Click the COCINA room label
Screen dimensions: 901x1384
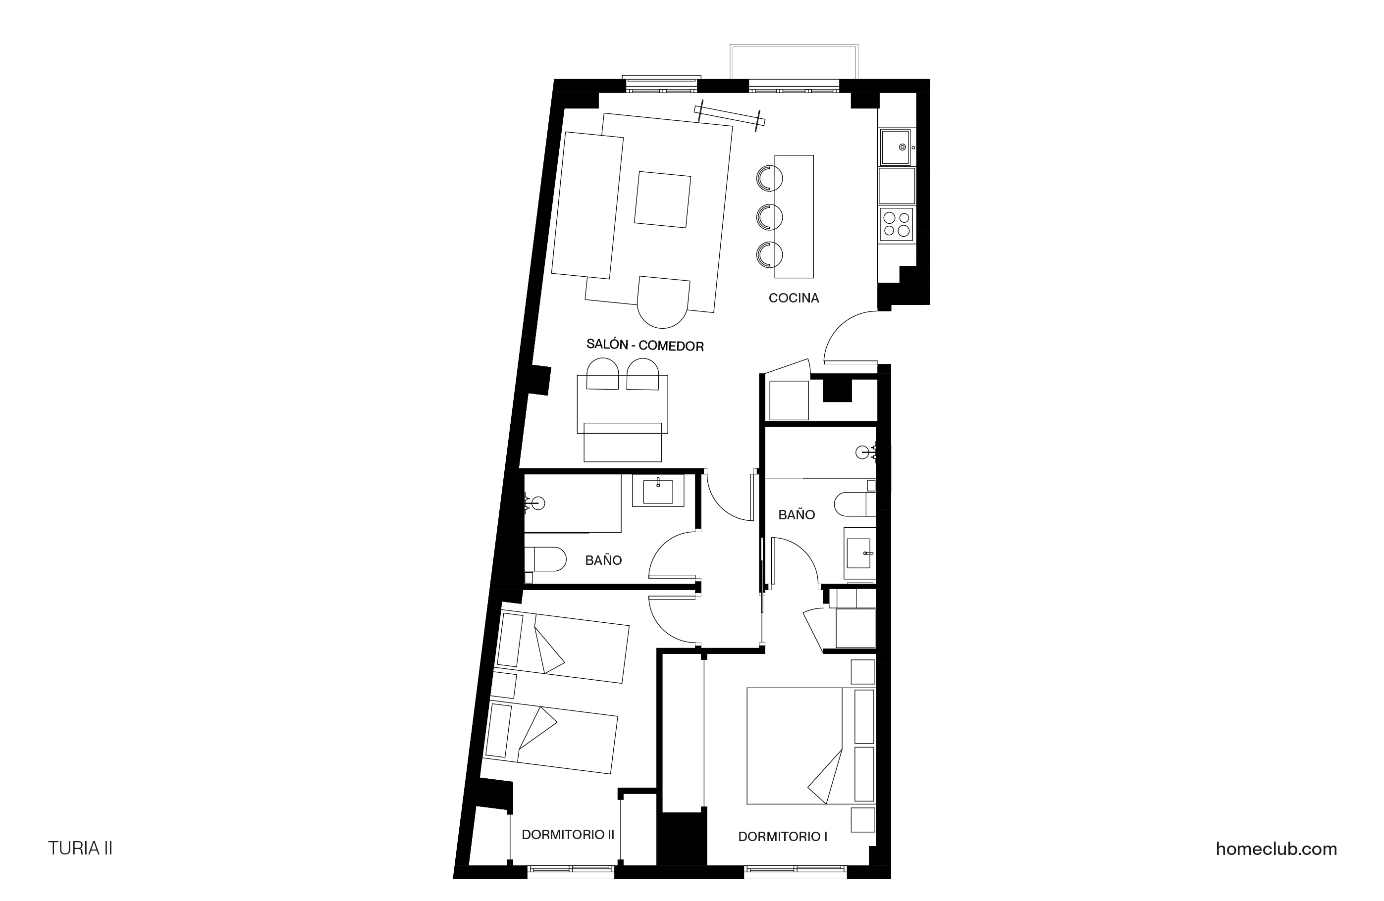(793, 298)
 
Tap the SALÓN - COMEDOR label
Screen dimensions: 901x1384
(645, 345)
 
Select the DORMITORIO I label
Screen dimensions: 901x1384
(782, 837)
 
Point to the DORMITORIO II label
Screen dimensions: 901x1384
(568, 835)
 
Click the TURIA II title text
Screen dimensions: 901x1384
(80, 849)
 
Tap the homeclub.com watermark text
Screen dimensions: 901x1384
(1276, 849)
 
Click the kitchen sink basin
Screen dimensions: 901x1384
(896, 147)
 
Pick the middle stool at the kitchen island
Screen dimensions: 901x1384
(769, 217)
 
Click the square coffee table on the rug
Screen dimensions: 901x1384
(662, 200)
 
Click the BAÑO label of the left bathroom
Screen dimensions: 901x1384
(603, 560)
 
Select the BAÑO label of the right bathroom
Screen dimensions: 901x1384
(796, 514)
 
